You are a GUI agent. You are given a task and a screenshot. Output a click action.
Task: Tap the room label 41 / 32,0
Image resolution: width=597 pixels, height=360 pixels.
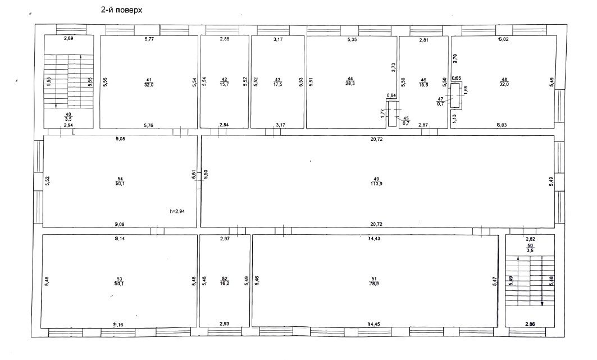coord(149,82)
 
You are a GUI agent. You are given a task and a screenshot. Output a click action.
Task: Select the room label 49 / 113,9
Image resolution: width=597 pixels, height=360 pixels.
coord(376,181)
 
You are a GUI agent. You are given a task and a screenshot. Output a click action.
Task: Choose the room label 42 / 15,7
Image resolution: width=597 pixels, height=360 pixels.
coord(224,82)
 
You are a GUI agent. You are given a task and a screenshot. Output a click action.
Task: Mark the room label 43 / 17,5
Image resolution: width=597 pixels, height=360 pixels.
coord(277,82)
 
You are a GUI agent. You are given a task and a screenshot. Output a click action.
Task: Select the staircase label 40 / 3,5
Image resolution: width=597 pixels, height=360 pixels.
coord(68,117)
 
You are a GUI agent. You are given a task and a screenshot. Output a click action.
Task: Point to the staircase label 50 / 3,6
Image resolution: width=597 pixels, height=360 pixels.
coord(530,249)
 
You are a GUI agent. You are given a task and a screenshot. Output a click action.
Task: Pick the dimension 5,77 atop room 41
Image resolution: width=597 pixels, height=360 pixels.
coord(149,39)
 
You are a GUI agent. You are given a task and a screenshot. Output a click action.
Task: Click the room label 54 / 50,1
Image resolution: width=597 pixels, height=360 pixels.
coord(120,181)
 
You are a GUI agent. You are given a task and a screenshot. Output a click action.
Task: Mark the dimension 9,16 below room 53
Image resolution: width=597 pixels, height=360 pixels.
coord(118,325)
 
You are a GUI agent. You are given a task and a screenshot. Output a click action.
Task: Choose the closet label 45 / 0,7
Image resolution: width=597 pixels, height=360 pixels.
coord(406,120)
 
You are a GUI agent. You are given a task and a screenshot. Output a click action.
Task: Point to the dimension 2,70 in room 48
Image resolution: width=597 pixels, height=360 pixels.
coord(455,56)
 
